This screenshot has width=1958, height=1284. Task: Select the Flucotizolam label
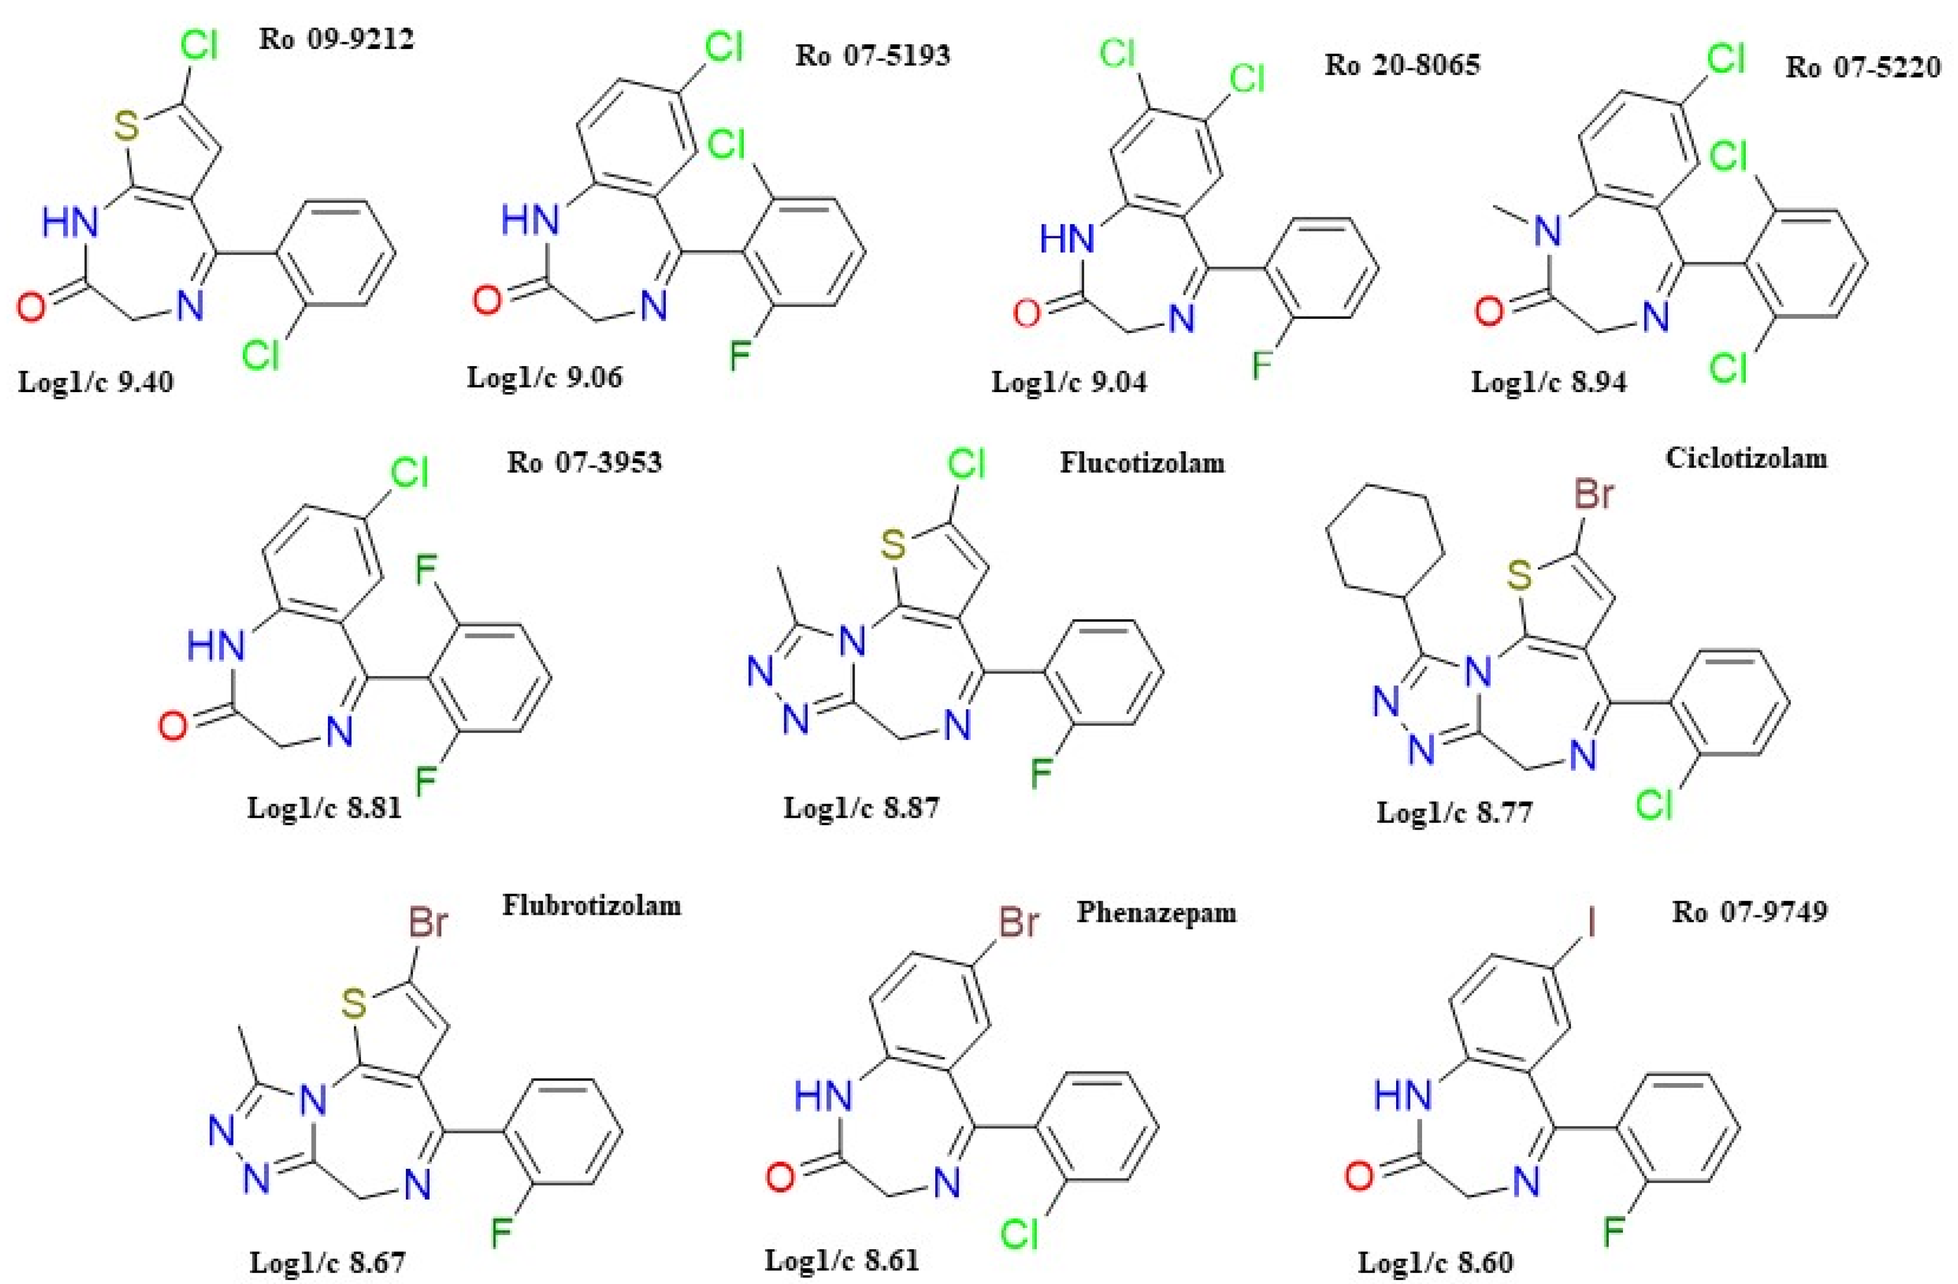(1142, 463)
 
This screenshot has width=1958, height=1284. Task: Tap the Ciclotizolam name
(1746, 457)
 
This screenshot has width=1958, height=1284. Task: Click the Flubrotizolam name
(591, 906)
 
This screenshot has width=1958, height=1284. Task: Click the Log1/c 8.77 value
(1455, 813)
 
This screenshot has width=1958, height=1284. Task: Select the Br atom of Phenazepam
(1018, 923)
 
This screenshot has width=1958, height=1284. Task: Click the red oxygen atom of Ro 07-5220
(1489, 312)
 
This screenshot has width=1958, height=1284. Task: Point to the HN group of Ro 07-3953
(216, 646)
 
